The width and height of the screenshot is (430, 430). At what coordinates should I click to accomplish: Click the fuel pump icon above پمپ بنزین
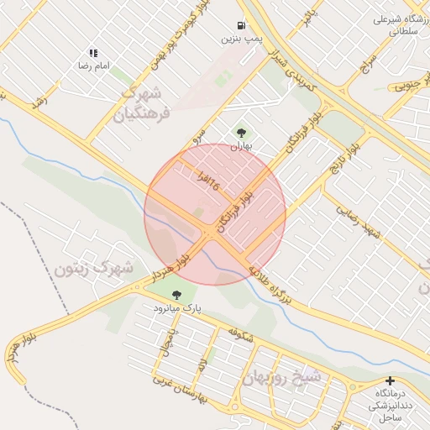coord(242,26)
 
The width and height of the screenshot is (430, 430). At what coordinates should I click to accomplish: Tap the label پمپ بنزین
coord(242,39)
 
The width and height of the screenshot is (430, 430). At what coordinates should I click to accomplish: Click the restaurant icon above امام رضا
coord(92,53)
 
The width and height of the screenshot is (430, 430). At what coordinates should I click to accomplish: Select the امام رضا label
coord(95,66)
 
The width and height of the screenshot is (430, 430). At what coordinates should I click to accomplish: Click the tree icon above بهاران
coord(242,132)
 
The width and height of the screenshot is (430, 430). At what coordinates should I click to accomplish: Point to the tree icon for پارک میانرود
coord(176,295)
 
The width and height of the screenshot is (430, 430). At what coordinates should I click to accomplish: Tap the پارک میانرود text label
coord(177,308)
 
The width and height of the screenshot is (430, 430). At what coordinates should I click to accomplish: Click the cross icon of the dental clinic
coord(390,380)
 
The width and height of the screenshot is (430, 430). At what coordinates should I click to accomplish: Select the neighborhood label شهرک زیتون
coord(94,270)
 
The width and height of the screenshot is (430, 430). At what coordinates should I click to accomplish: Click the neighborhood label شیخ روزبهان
coord(281,378)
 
